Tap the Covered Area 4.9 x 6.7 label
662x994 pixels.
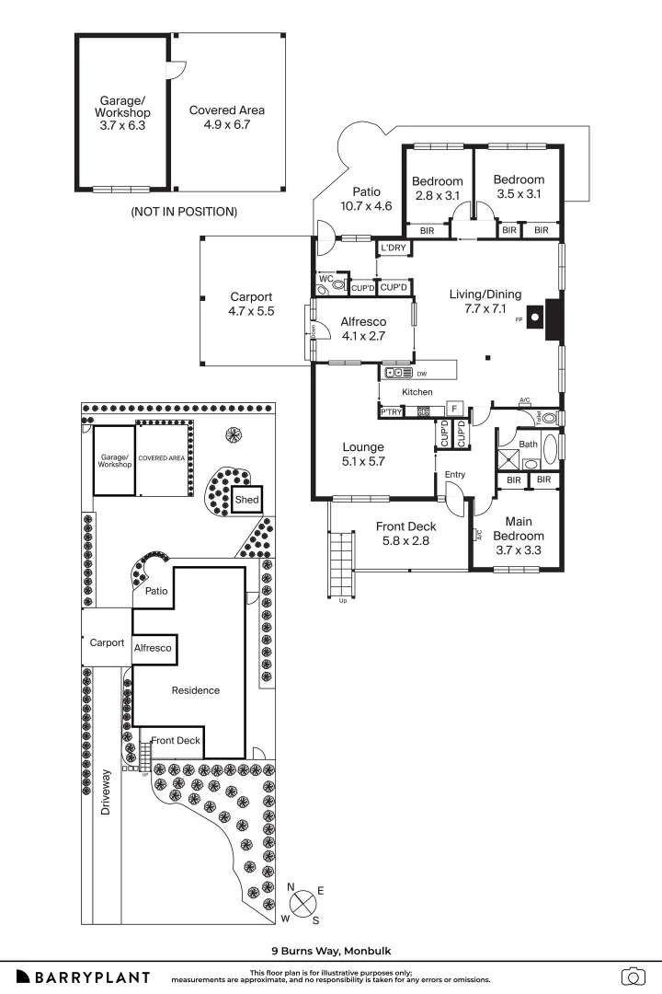(x=226, y=117)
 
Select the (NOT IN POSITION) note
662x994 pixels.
(x=183, y=212)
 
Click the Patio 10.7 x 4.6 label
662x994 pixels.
(x=366, y=199)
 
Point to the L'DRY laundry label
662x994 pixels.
(x=394, y=248)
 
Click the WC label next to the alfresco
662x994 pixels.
(x=325, y=278)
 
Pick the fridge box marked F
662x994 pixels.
(x=453, y=408)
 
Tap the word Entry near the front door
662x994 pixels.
(x=454, y=475)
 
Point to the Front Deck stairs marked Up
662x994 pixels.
(x=341, y=564)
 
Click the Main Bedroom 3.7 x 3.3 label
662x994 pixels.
(x=518, y=543)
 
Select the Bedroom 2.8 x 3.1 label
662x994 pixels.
(x=437, y=188)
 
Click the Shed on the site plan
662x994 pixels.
(x=246, y=500)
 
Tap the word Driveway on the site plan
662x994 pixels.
(x=106, y=792)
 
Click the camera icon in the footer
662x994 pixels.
(x=633, y=977)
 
